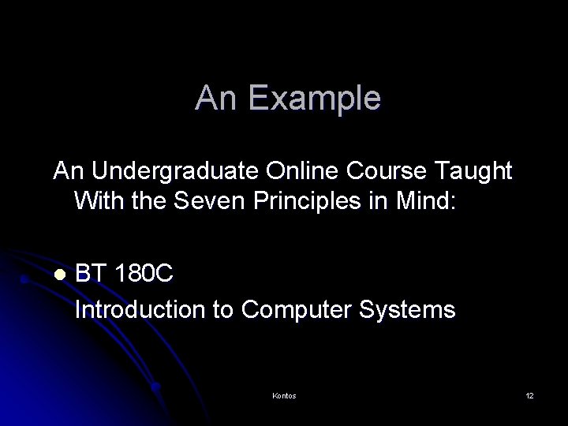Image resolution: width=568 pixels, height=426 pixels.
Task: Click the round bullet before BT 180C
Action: point(58,275)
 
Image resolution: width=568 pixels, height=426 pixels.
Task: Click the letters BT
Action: point(92,275)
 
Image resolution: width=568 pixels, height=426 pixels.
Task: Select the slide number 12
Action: point(529,395)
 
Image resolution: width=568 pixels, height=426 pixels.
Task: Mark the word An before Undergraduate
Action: point(66,170)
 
